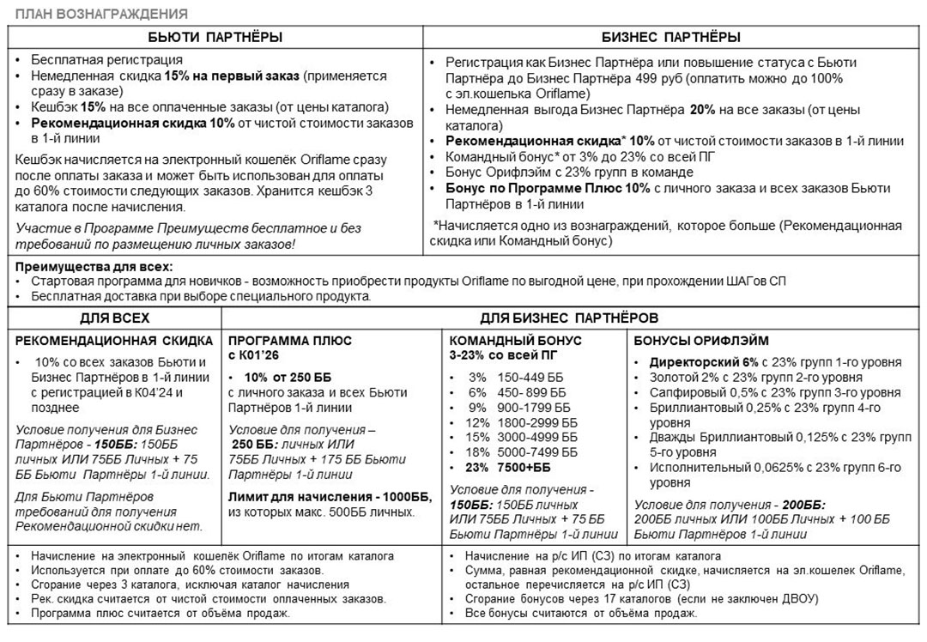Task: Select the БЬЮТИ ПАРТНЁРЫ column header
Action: coord(215,38)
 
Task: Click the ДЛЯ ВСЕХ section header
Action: coord(116,317)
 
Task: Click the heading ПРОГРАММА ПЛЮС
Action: coord(290,340)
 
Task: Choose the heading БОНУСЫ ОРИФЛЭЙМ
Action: coord(689,340)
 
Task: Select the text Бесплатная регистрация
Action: coord(106,61)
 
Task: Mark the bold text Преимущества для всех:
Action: coord(94,267)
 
